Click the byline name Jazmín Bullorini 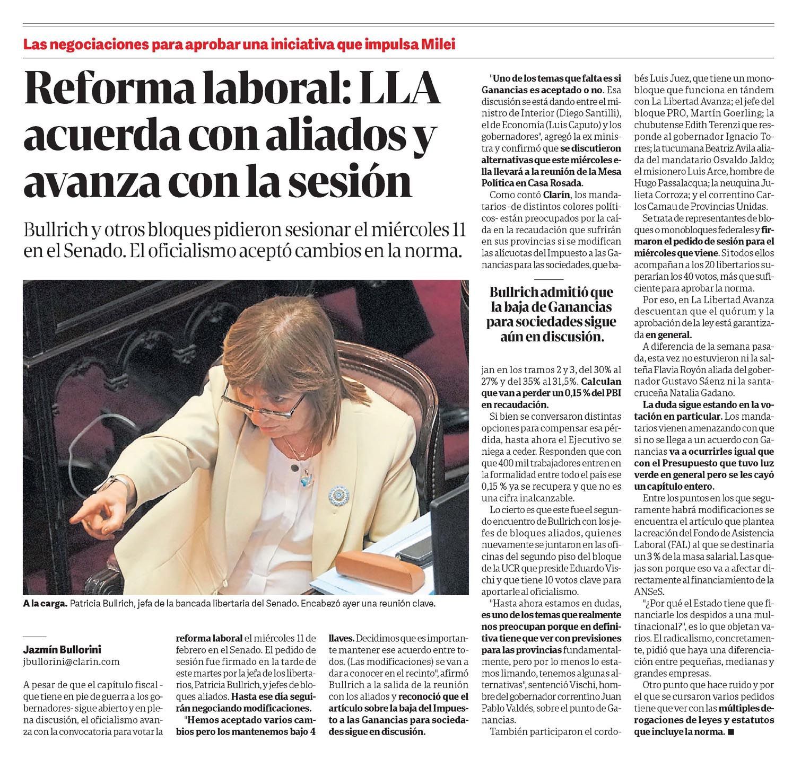[x=63, y=649]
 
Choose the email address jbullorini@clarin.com [x=72, y=661]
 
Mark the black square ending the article [x=732, y=732]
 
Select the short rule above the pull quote [x=549, y=278]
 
